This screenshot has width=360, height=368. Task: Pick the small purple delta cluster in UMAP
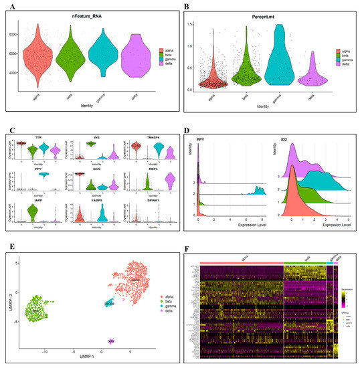[111, 341]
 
